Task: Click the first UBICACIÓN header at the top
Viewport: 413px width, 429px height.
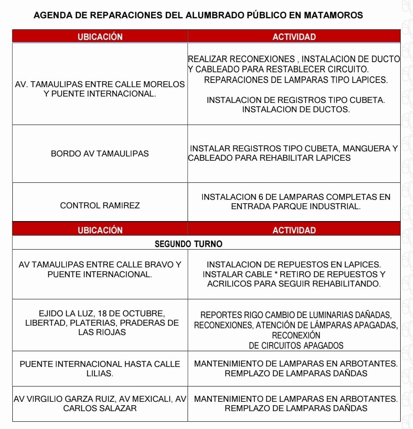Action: tap(100, 37)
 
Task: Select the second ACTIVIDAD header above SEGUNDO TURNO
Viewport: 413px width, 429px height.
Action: tap(294, 230)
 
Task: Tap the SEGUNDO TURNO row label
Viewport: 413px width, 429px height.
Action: tap(188, 244)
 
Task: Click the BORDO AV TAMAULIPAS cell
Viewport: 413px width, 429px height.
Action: tap(100, 153)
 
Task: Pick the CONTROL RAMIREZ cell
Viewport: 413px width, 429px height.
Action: tap(100, 205)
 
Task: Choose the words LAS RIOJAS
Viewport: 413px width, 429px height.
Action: tap(102, 332)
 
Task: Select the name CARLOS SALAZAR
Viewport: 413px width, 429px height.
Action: tap(100, 408)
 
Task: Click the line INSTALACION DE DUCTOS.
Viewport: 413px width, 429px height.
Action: tap(296, 110)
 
